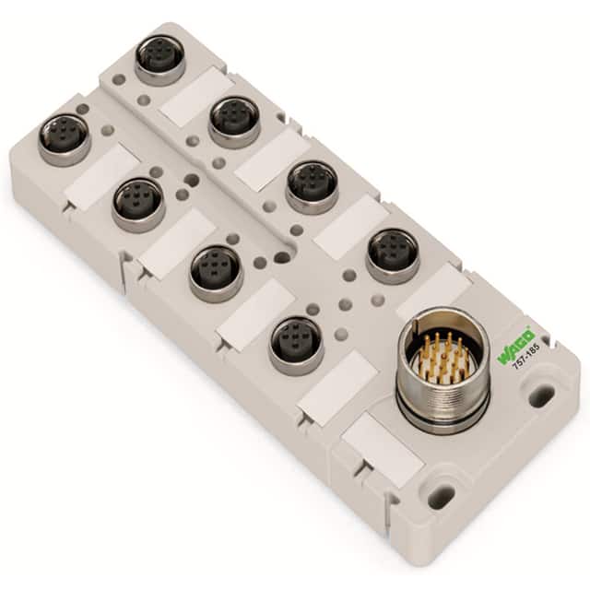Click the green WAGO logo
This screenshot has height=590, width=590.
[515, 345]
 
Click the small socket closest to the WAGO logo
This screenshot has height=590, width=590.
[392, 254]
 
